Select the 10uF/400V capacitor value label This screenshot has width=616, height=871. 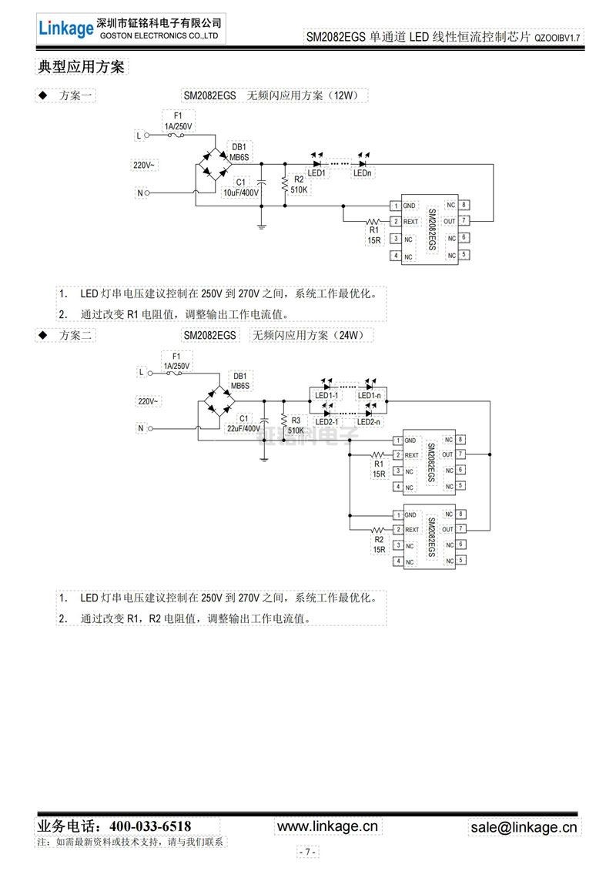(240, 193)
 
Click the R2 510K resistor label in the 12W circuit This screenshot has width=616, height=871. (299, 184)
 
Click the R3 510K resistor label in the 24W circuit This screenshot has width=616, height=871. (296, 425)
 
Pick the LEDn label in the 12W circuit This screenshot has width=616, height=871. (363, 173)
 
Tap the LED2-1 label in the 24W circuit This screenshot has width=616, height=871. (328, 421)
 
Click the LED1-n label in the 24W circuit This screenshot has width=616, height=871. (370, 396)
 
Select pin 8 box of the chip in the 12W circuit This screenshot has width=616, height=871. (465, 205)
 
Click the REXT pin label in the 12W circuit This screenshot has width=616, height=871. (410, 222)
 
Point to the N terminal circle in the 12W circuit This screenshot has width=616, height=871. (149, 193)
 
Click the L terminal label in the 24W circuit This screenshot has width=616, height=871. (140, 371)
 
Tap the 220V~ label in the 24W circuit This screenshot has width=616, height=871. (148, 401)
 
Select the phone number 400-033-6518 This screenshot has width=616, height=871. (150, 826)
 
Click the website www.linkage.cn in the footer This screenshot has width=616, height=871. (328, 826)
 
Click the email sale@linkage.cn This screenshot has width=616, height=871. (524, 827)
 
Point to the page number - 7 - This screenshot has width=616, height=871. (307, 852)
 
